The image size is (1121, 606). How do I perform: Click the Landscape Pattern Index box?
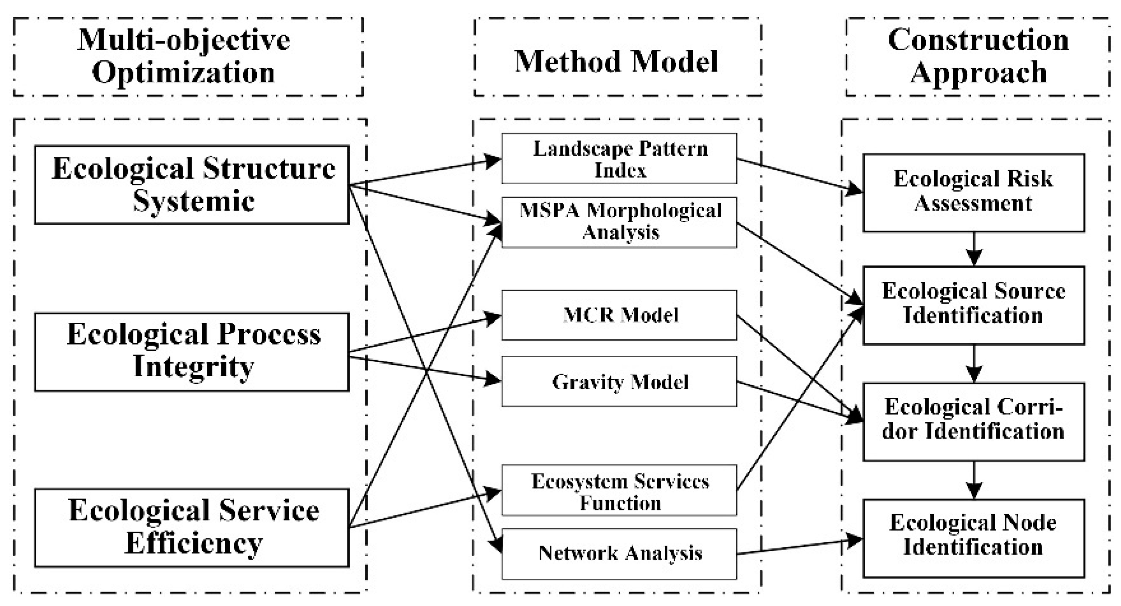tap(619, 159)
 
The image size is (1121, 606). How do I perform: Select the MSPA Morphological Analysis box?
tap(619, 222)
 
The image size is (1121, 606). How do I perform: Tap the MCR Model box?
tap(619, 315)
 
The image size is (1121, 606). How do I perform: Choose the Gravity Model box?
tap(619, 381)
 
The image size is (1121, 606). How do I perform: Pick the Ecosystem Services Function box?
tap(619, 490)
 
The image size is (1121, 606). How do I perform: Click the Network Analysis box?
tap(619, 554)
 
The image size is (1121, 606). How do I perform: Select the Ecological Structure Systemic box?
tap(192, 185)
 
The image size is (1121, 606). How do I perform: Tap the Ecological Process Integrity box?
tap(192, 352)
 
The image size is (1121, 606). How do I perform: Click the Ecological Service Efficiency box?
tap(192, 528)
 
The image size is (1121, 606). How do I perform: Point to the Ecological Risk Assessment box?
tap(974, 193)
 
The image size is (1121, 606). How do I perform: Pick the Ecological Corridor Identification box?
tap(974, 422)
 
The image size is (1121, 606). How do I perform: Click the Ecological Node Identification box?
tap(974, 538)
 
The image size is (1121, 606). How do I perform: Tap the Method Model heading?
tap(617, 61)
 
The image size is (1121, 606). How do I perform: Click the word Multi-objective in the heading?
tap(184, 40)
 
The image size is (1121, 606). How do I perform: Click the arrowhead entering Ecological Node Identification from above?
tap(974, 491)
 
